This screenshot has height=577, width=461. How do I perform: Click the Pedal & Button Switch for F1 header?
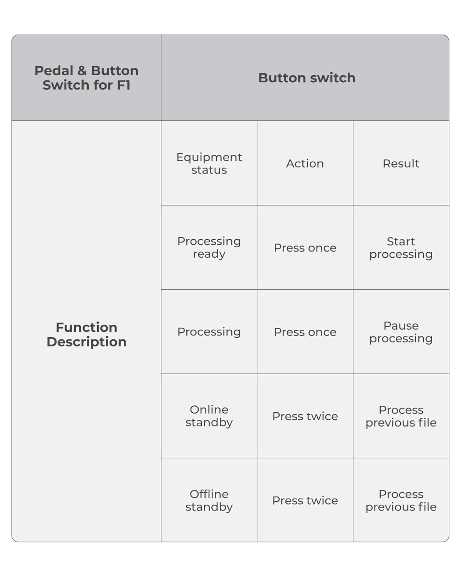point(86,78)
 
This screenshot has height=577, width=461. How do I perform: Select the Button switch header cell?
point(307,78)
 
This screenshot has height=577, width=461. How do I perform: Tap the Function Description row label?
point(86,334)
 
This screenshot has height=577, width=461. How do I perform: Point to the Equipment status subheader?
point(209,163)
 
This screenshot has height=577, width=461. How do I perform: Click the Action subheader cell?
point(305,163)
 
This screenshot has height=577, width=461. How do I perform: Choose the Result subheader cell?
point(401,163)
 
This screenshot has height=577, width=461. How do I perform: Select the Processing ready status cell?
point(209,247)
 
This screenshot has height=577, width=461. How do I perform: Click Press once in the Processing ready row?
point(305,248)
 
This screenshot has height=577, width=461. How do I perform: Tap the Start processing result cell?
point(401,248)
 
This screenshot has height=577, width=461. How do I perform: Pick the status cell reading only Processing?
point(209,332)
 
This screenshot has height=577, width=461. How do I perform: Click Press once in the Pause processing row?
point(305,332)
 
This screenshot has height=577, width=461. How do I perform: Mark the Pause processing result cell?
point(401,332)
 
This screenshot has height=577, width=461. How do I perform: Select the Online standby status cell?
point(209,416)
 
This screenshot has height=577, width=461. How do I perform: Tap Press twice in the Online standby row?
point(305,416)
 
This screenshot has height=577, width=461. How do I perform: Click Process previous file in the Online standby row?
point(401,416)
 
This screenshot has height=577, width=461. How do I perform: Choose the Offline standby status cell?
point(209,500)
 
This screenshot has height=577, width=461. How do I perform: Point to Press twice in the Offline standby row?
point(305,500)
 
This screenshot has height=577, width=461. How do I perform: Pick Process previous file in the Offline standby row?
point(401,500)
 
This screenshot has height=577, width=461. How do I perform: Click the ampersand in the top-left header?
point(82,71)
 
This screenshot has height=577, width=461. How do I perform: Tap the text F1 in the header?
point(123,85)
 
